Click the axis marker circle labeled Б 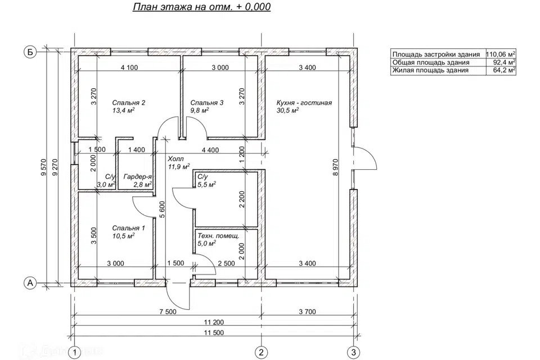coord(30,52)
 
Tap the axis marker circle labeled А coord(30,283)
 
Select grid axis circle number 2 coord(261,352)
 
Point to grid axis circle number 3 coord(353,352)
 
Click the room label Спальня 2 coord(128,103)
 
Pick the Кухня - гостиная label coord(304,103)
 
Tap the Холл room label coord(175,159)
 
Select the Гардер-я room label coord(137,177)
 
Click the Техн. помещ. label coord(218,236)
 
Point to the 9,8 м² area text coord(200,110)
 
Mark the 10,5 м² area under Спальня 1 coord(123,236)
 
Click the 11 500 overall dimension coord(214,333)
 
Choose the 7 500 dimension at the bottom coord(168,312)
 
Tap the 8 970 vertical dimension coord(336,166)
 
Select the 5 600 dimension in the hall coord(163,209)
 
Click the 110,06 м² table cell coord(501,54)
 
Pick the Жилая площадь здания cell coord(430,70)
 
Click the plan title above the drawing coord(202,7)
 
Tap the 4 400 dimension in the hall coord(210,150)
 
